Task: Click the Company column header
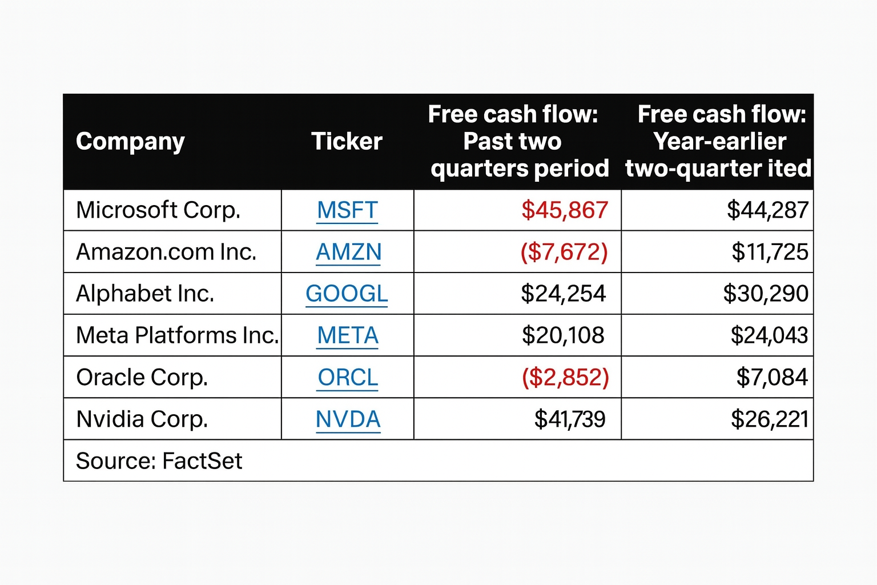coord(130,141)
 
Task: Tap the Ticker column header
coord(347,141)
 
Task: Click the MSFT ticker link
coord(347,210)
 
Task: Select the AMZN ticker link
coord(348,252)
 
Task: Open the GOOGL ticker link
coord(347,294)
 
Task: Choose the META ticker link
coord(348,335)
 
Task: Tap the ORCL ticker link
coord(348,377)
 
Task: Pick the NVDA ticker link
coord(348,419)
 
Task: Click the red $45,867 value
coord(564,210)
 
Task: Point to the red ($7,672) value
coord(564,252)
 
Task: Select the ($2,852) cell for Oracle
coord(565,377)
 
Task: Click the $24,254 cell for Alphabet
coord(563,294)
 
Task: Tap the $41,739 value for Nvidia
coord(569,419)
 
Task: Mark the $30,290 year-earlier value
coord(765,294)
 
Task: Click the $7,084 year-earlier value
coord(772,377)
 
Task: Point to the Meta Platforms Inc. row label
coord(177,335)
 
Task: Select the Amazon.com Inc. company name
coord(166,252)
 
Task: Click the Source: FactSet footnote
coord(159,461)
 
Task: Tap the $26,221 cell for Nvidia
coord(769,419)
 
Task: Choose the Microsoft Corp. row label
coord(158,210)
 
